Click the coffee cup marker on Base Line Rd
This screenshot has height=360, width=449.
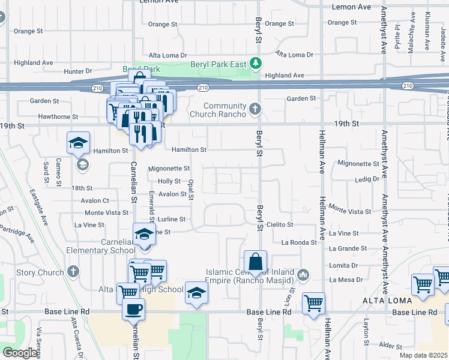(x=133, y=308)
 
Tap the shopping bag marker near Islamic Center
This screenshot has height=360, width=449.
(x=255, y=261)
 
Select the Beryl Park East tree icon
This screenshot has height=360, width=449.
(x=256, y=62)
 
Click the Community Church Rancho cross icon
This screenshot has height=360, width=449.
(x=255, y=109)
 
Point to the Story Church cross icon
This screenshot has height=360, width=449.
(x=73, y=272)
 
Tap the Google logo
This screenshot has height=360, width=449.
(x=20, y=353)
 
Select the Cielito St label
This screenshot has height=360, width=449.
(x=279, y=224)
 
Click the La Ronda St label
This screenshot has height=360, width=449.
(x=298, y=242)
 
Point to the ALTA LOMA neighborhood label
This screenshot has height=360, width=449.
(x=385, y=299)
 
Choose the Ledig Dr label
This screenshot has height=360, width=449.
(x=367, y=179)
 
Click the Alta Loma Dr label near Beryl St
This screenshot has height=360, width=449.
(x=294, y=55)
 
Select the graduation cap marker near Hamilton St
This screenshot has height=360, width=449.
(x=77, y=143)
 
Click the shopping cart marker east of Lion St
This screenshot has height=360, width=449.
(x=313, y=303)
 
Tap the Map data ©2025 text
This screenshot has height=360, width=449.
(x=423, y=355)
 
